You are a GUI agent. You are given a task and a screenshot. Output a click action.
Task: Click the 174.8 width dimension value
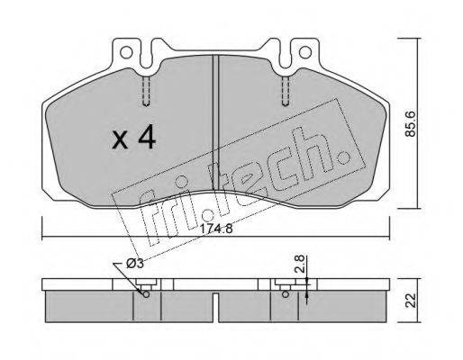click(216, 229)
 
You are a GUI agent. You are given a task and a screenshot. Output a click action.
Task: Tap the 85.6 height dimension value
click(411, 123)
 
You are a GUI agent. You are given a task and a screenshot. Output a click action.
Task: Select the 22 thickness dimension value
click(412, 300)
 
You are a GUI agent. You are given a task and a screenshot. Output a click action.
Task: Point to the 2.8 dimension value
click(300, 264)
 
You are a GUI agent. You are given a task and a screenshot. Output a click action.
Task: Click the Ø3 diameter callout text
click(135, 264)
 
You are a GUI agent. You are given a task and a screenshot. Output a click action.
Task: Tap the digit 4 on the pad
click(147, 138)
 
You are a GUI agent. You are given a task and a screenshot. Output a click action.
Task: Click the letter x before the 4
click(120, 140)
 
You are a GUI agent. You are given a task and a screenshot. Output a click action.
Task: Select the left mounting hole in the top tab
click(126, 53)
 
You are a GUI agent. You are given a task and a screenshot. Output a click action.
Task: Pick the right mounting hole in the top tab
click(305, 53)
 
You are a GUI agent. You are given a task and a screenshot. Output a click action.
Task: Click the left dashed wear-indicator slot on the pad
click(146, 91)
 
